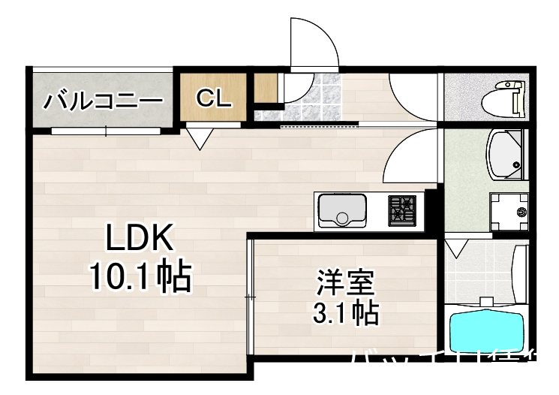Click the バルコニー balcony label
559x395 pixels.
[104, 100]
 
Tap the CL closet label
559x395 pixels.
[214, 98]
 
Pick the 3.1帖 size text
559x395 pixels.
[345, 310]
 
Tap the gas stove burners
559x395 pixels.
[401, 210]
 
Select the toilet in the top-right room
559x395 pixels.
[506, 97]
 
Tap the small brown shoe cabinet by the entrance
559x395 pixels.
[264, 88]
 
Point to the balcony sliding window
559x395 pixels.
[106, 131]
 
